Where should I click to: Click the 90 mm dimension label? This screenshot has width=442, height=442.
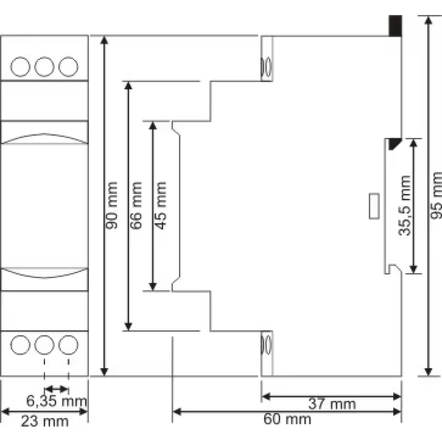point(112,206)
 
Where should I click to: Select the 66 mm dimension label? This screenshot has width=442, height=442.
point(136,206)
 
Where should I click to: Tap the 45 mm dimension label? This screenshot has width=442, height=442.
point(161,206)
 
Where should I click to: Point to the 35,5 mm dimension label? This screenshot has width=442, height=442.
point(404,206)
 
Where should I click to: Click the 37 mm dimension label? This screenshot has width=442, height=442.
point(332,404)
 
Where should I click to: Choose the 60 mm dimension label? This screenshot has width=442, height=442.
point(287,419)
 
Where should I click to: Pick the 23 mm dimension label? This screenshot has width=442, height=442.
point(45,421)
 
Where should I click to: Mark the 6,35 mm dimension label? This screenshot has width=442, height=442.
point(57,401)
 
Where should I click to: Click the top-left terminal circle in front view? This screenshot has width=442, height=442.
point(20,67)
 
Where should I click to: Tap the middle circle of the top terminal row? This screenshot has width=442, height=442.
point(44,67)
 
